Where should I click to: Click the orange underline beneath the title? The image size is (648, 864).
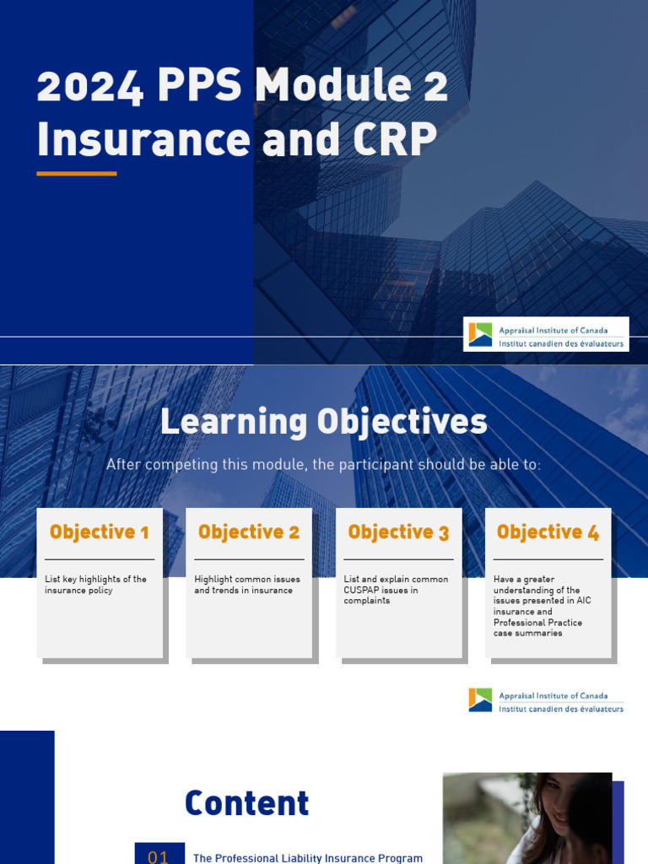click(76, 173)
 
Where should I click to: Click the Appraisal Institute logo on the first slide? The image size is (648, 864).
click(546, 334)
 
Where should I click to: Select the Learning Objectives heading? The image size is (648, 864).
click(323, 422)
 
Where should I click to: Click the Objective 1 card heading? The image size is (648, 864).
click(99, 532)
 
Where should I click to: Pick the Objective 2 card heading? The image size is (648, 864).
click(248, 532)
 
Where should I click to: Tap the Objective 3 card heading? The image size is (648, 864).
click(398, 532)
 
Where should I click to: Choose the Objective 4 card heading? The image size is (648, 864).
click(548, 532)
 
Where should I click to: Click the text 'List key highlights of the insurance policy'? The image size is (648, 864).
click(95, 585)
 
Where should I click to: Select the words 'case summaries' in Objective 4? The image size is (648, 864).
click(527, 634)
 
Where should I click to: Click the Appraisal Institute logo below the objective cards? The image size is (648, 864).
click(546, 700)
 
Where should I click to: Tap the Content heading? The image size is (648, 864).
click(246, 804)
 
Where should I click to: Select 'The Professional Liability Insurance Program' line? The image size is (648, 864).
click(308, 858)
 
